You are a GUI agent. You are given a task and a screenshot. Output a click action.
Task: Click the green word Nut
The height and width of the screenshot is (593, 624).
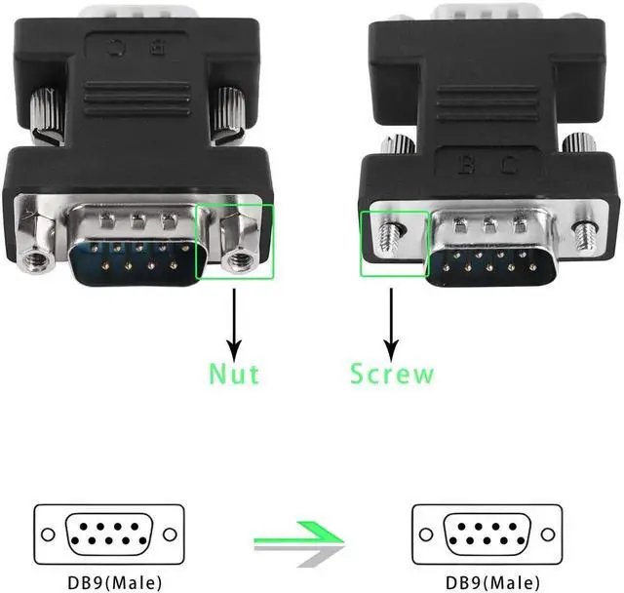[234, 373]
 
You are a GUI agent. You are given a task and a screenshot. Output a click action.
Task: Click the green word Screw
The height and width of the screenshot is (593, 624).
[392, 373]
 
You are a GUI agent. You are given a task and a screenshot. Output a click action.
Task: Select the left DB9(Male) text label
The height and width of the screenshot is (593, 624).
[108, 581]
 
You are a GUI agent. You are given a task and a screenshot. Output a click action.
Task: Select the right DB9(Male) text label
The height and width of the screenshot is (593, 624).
[487, 581]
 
